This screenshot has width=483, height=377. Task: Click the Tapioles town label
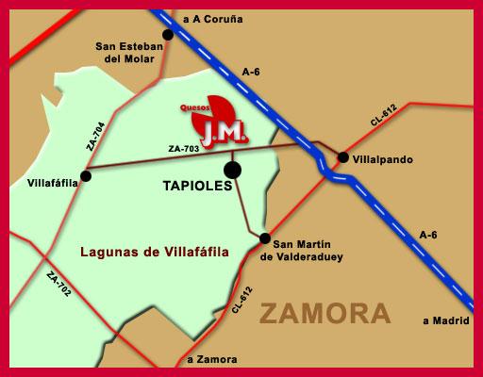coord(192,187)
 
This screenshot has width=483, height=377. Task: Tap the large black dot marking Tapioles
coord(232,170)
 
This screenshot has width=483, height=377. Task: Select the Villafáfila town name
coord(53,181)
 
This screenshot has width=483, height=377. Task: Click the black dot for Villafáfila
coord(86,174)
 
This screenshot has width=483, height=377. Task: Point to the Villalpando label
coord(382,159)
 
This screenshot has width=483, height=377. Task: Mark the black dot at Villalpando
coord(343,157)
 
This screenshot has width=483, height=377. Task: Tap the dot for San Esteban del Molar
coord(168,35)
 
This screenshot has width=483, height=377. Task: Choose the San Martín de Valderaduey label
coord(302,248)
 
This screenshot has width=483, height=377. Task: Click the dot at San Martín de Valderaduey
coord(265,238)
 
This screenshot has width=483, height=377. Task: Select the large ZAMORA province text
coord(325,313)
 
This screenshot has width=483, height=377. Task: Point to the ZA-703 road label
coord(183,149)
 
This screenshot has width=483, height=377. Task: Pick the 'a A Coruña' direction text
coord(214,18)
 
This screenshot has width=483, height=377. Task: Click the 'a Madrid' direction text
coord(445,320)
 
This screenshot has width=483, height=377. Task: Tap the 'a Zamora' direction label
coord(213,359)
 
